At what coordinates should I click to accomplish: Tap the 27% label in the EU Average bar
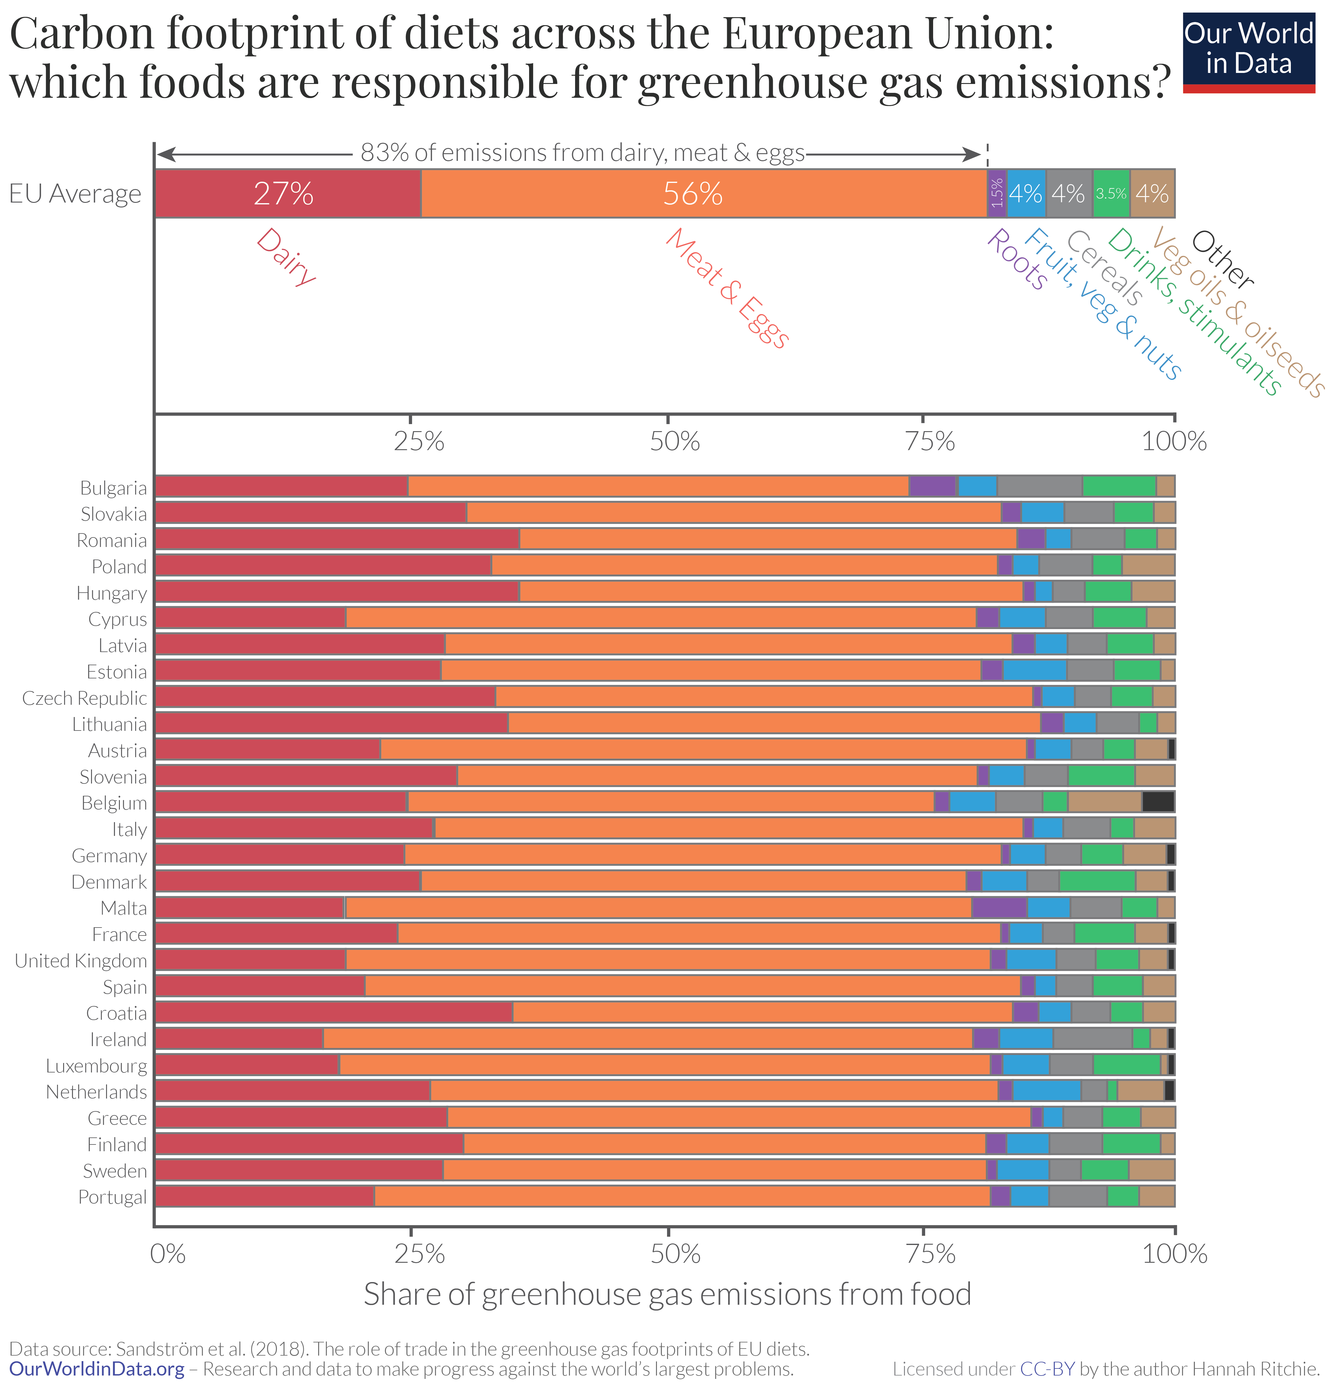click(x=284, y=193)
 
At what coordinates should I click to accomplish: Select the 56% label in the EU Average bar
click(x=693, y=193)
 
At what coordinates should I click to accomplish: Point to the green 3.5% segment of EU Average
click(x=1111, y=193)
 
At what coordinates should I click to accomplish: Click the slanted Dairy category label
click(x=286, y=256)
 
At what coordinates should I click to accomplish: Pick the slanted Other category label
click(x=1222, y=259)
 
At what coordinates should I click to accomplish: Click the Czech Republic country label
click(x=84, y=698)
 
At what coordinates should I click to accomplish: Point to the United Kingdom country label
click(x=81, y=960)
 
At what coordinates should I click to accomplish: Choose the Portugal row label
click(x=112, y=1197)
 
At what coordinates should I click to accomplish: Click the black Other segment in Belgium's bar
click(x=1158, y=802)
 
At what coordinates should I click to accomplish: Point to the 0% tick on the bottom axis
click(x=168, y=1254)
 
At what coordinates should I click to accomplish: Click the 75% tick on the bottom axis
click(x=931, y=1254)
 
